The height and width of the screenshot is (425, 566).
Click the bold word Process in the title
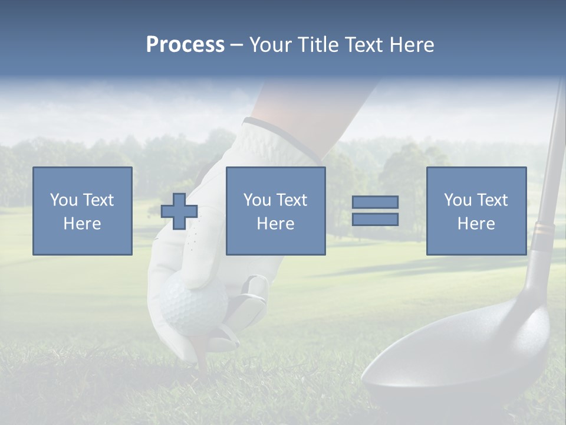[185, 45]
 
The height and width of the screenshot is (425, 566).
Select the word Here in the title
[410, 45]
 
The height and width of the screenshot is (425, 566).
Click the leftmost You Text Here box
[82, 211]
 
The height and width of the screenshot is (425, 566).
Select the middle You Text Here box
[275, 211]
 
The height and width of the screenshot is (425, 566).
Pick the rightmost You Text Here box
[476, 211]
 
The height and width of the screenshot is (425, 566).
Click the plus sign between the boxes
[179, 211]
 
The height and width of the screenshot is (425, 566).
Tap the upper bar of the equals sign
[375, 202]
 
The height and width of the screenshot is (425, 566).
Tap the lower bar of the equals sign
[375, 220]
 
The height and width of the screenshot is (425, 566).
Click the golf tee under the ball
[200, 354]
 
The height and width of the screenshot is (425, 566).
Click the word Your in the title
[269, 45]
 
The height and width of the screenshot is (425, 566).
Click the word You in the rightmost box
[458, 200]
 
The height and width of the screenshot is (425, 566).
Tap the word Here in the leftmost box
[82, 224]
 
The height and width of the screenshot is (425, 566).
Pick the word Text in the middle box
[292, 200]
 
